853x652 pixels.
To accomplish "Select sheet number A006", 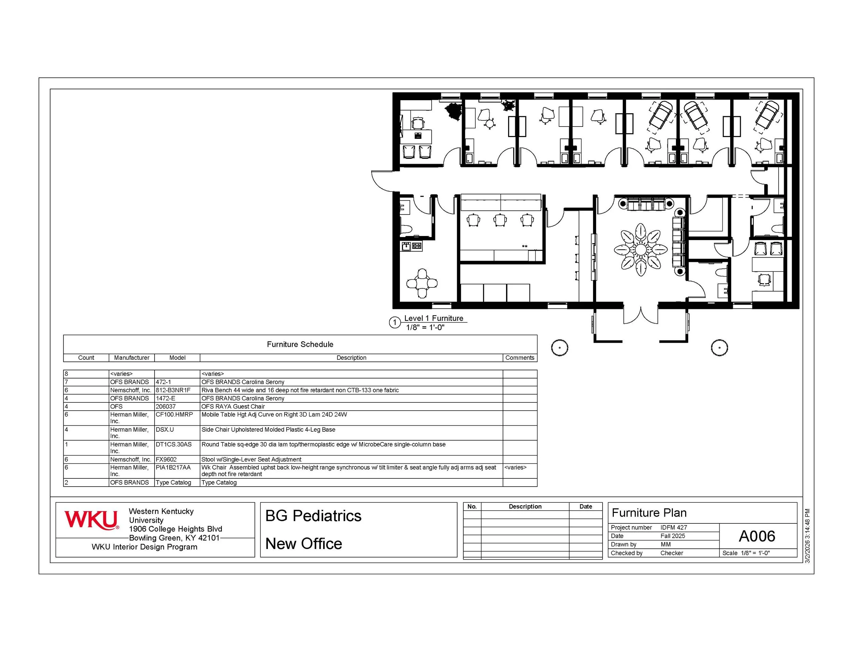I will coord(757,536).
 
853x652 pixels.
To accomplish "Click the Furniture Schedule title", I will coord(300,344).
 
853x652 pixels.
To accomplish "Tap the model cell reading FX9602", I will coord(166,460).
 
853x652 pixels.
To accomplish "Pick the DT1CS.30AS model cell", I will coord(174,444).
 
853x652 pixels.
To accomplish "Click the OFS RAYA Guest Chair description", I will coord(233,406).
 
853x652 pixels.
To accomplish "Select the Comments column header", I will coord(520,358).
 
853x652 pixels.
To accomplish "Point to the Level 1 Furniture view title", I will coord(434,318).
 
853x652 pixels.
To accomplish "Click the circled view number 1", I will coord(394,323).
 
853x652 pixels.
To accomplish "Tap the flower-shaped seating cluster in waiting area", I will coord(640,250).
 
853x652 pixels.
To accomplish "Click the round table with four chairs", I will coord(422,283).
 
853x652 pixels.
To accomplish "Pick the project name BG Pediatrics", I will coord(313,516).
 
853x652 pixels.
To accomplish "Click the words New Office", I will coord(304,544).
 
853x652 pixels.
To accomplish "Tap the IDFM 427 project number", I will coord(674,528).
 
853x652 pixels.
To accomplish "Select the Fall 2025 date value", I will coord(673,536).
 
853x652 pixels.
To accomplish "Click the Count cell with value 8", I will coord(67,374).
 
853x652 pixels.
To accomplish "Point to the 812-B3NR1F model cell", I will coord(173,390).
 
